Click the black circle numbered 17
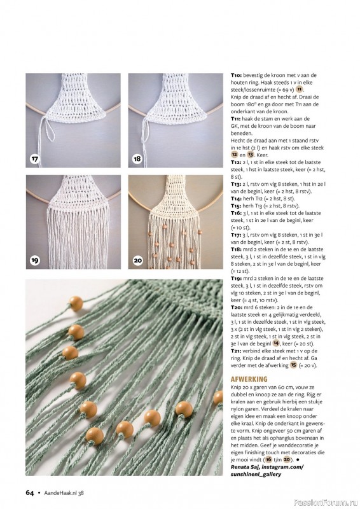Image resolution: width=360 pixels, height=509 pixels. point(35,158)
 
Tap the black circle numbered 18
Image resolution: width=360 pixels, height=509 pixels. point(137,158)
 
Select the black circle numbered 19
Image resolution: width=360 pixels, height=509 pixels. point(35,260)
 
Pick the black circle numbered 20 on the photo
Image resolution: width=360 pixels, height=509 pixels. point(137,260)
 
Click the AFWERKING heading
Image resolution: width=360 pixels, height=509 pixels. point(249,379)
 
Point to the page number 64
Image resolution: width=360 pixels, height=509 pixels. point(29,492)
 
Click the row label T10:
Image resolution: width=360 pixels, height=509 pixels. point(237,75)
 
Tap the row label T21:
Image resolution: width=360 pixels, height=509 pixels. point(236,351)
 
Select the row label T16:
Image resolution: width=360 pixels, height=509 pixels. point(236,213)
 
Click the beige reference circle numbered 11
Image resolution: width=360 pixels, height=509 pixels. point(300,89)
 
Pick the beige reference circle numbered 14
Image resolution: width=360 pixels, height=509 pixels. point(276,343)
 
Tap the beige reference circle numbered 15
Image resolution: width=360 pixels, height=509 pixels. point(293,365)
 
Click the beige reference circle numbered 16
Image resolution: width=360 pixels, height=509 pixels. point(268,459)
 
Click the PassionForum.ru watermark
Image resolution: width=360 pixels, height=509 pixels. point(326,503)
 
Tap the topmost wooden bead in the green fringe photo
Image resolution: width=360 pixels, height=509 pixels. point(76,304)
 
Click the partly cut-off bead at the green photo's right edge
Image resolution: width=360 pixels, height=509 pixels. point(218,397)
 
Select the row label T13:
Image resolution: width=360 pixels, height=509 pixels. point(236,185)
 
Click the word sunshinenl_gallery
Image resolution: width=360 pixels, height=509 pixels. point(256,474)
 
